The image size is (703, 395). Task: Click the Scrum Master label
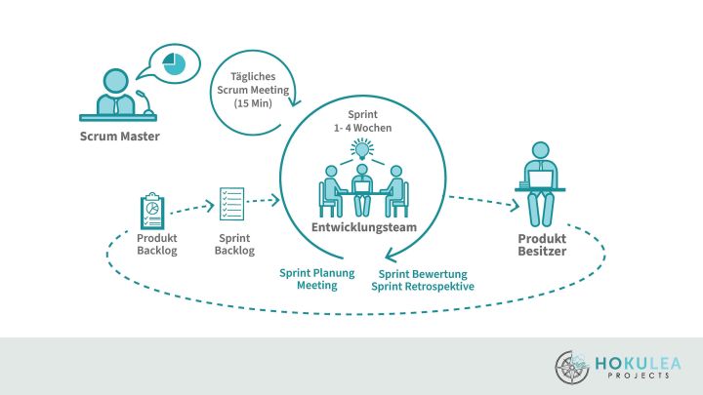119,136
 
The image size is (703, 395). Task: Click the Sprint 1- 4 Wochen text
362,120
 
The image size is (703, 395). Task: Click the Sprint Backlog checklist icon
232,205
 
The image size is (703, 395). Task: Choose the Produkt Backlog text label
156,245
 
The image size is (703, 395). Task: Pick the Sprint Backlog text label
234,245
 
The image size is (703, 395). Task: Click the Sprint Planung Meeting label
317,279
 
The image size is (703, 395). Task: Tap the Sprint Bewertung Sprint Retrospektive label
424,280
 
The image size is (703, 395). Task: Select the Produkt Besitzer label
542,245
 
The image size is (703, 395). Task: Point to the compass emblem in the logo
572,366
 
